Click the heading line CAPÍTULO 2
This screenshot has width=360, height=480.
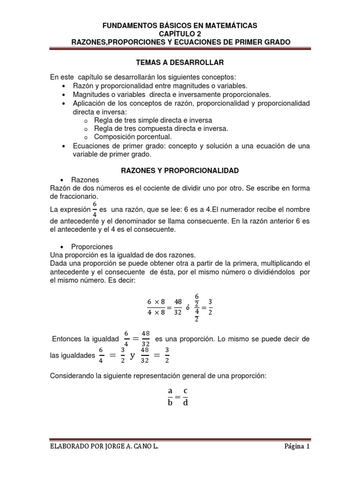click(x=180, y=34)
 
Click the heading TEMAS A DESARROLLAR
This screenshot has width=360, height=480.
click(x=180, y=62)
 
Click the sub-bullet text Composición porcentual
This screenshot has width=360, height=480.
click(x=133, y=137)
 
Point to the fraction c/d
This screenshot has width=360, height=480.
click(x=186, y=397)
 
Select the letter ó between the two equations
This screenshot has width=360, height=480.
click(x=187, y=308)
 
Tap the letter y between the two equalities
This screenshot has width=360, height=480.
click(x=132, y=355)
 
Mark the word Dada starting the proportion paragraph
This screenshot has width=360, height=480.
click(x=58, y=263)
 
